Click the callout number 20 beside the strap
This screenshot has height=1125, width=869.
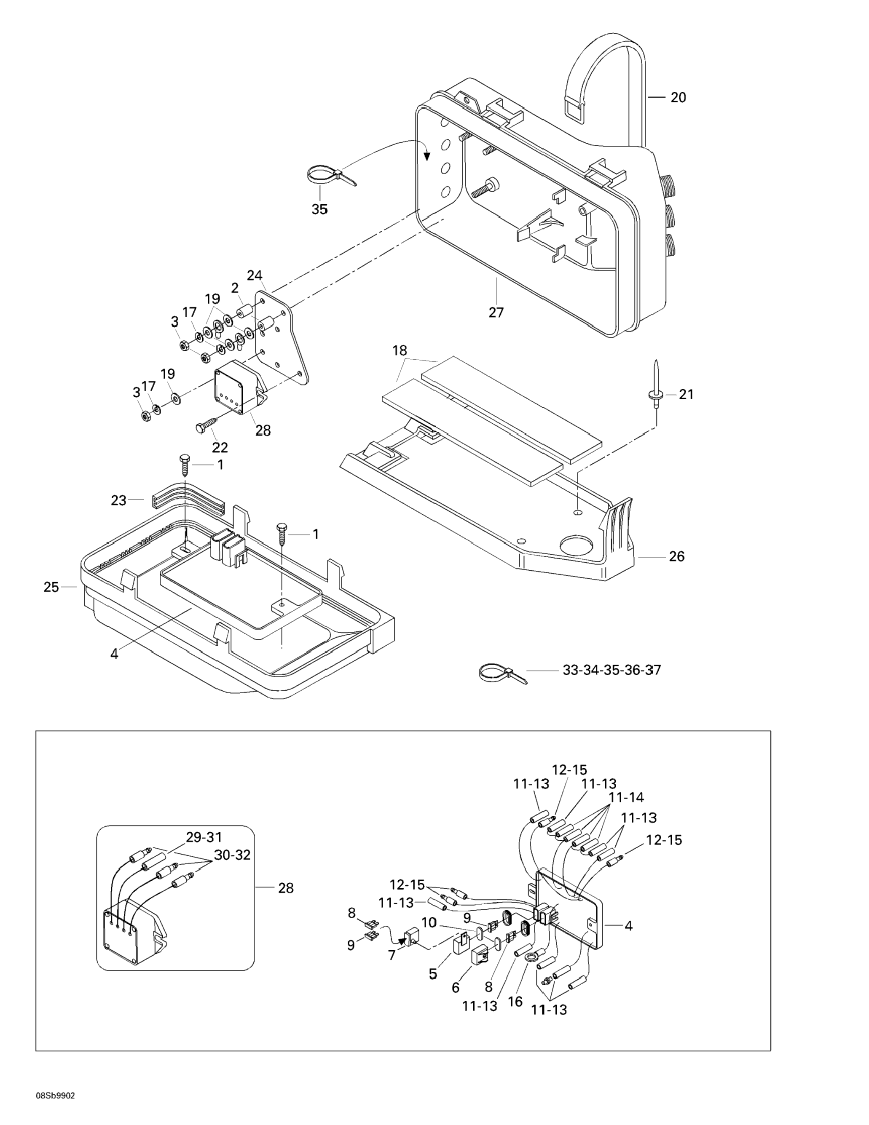click(678, 97)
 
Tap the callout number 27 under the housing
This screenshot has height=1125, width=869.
click(496, 312)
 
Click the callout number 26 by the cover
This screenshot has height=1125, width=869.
click(676, 556)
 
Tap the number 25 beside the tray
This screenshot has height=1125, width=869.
click(51, 587)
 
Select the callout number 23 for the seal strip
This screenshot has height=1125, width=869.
click(118, 500)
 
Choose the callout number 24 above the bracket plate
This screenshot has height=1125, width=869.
click(255, 275)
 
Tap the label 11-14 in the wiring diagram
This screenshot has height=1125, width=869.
click(626, 797)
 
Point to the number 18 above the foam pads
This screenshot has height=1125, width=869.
click(400, 350)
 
